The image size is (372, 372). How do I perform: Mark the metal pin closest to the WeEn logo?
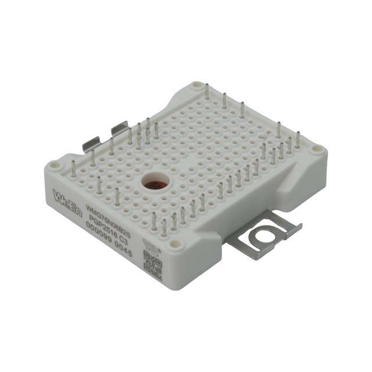tap(73, 169)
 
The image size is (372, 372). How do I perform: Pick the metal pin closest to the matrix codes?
tap(164, 228)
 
